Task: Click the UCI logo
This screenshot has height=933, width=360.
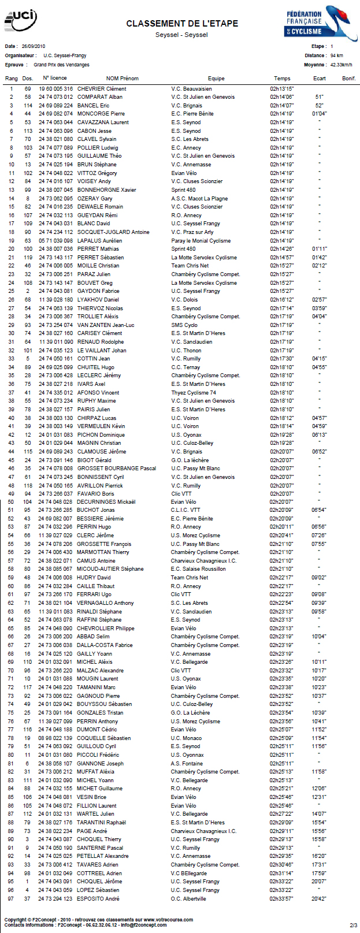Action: pos(20,21)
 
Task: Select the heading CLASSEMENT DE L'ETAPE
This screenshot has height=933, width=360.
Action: pos(182,24)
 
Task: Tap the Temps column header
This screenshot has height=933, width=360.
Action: pos(282,79)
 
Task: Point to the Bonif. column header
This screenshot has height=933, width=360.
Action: pos(348,79)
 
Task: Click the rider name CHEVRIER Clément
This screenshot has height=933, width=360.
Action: pos(102,89)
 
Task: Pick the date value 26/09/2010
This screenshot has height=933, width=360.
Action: pos(34,46)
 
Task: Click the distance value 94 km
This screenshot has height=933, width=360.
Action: pos(336,56)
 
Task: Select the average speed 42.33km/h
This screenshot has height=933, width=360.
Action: pos(341,65)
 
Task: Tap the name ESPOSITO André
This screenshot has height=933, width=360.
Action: pos(98,898)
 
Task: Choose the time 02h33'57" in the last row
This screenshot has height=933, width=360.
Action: pos(281,898)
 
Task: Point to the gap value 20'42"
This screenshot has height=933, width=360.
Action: pos(319,898)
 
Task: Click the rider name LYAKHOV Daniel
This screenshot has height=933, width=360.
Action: pos(98,300)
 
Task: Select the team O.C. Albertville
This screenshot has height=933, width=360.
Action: pos(188,898)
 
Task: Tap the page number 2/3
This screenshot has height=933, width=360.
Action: pos(353,924)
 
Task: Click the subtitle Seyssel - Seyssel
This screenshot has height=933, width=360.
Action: pos(181,35)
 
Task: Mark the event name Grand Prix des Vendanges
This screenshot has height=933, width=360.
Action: pos(61,65)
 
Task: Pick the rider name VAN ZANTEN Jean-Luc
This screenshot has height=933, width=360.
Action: pos(106,325)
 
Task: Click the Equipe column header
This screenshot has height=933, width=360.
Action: pos(216,79)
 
